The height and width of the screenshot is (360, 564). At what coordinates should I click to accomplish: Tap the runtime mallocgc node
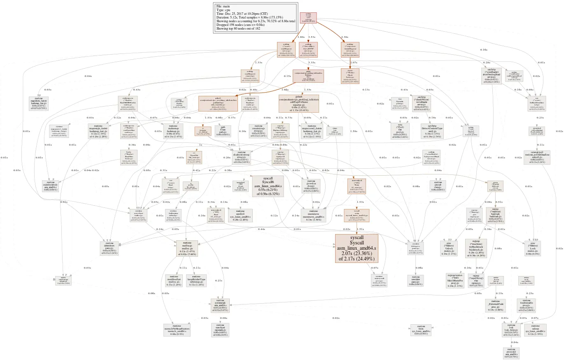(x=187, y=249)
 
